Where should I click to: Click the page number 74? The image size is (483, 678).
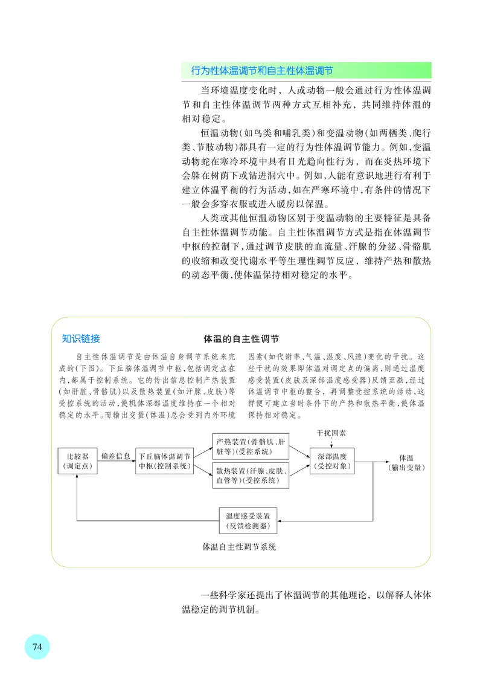click(37, 647)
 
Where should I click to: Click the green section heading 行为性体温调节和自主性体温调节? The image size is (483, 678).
click(262, 71)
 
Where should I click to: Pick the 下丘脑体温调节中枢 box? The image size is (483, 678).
click(165, 461)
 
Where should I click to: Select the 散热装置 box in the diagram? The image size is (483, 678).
click(251, 476)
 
